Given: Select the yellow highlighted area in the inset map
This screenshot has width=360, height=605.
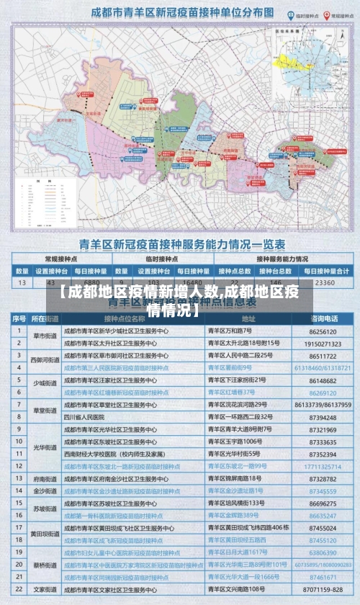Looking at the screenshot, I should pos(298,62).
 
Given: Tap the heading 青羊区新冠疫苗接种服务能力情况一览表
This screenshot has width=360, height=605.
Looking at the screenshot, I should pos(181,244).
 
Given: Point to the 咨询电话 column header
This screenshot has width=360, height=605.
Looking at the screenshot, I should pos(324,318).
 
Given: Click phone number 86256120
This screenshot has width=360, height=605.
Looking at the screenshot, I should pos(323,332).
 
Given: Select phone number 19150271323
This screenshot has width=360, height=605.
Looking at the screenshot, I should pos(323,344).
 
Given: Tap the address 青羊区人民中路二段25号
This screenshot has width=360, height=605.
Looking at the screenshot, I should pos(240,356).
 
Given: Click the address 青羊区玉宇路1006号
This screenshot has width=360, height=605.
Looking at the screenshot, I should pos(235,442).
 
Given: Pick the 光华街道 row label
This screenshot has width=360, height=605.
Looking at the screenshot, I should pos(45,447).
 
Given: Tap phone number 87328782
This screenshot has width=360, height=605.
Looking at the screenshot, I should pos(323,479).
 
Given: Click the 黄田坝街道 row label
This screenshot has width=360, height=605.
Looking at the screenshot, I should pos(45,534).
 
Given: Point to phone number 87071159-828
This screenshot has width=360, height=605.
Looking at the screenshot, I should pos(323,589).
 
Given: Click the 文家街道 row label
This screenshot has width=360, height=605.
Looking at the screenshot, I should pos(45,589).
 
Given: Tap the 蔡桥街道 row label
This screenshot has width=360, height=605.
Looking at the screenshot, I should pos(45,565).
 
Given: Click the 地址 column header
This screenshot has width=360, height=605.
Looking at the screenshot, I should pos(248,318).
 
